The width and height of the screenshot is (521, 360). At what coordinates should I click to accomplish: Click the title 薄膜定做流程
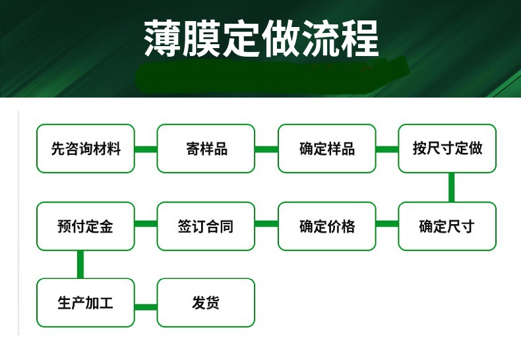tap(261, 38)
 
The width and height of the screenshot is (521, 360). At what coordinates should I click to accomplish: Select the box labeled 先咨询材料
tap(86, 148)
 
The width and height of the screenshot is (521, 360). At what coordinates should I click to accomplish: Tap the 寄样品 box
tap(206, 148)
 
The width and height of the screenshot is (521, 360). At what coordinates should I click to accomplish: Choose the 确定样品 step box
tap(326, 148)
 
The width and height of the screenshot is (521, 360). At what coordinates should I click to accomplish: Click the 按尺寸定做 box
tap(447, 148)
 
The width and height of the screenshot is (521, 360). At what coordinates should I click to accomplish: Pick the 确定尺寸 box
tap(447, 226)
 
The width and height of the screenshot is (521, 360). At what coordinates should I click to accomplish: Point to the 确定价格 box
tap(326, 226)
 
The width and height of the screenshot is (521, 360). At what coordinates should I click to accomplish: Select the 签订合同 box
tap(206, 226)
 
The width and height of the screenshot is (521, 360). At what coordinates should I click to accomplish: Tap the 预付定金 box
tap(86, 226)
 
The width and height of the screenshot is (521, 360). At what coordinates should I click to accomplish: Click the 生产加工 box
tap(86, 303)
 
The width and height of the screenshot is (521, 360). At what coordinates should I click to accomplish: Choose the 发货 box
tap(206, 303)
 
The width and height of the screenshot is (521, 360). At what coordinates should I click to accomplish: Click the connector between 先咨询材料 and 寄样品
tap(146, 149)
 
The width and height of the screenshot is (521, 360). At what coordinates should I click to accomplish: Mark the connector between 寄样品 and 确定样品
tap(266, 149)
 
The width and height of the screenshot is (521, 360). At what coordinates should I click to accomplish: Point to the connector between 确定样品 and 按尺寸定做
tap(387, 149)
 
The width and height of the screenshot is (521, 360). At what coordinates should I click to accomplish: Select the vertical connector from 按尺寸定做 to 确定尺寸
tap(451, 187)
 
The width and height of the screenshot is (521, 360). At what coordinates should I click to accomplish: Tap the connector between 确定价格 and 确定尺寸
tap(387, 224)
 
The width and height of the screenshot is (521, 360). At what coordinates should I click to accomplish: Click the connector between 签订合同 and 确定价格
tap(266, 224)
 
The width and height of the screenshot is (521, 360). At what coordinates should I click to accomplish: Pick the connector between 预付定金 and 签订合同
tap(146, 224)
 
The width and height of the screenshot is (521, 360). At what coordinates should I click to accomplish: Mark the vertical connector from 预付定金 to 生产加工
tap(80, 264)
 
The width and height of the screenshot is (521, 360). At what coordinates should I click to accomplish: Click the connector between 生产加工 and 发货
tap(146, 306)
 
